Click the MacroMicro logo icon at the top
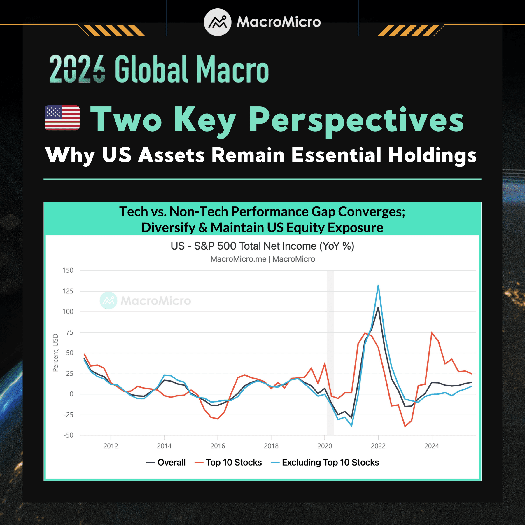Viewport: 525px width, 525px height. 218,22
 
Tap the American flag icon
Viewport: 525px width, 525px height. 62,118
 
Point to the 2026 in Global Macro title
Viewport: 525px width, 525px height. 77,69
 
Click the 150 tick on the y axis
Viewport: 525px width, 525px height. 68,270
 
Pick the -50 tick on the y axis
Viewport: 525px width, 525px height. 69,435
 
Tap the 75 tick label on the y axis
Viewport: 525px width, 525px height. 70,332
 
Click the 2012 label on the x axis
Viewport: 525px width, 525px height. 111,446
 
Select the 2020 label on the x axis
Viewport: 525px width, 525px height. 325,446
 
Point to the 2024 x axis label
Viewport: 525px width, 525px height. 432,446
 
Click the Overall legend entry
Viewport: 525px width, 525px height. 166,463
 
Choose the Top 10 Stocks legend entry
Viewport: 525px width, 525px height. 228,463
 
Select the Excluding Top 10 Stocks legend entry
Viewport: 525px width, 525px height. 325,463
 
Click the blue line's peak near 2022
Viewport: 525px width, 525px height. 378,285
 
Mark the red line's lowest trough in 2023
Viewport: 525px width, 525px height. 405,426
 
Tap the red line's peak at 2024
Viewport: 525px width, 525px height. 432,332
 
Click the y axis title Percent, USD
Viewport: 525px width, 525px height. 55,353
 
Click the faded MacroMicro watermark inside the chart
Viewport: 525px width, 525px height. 145,300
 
